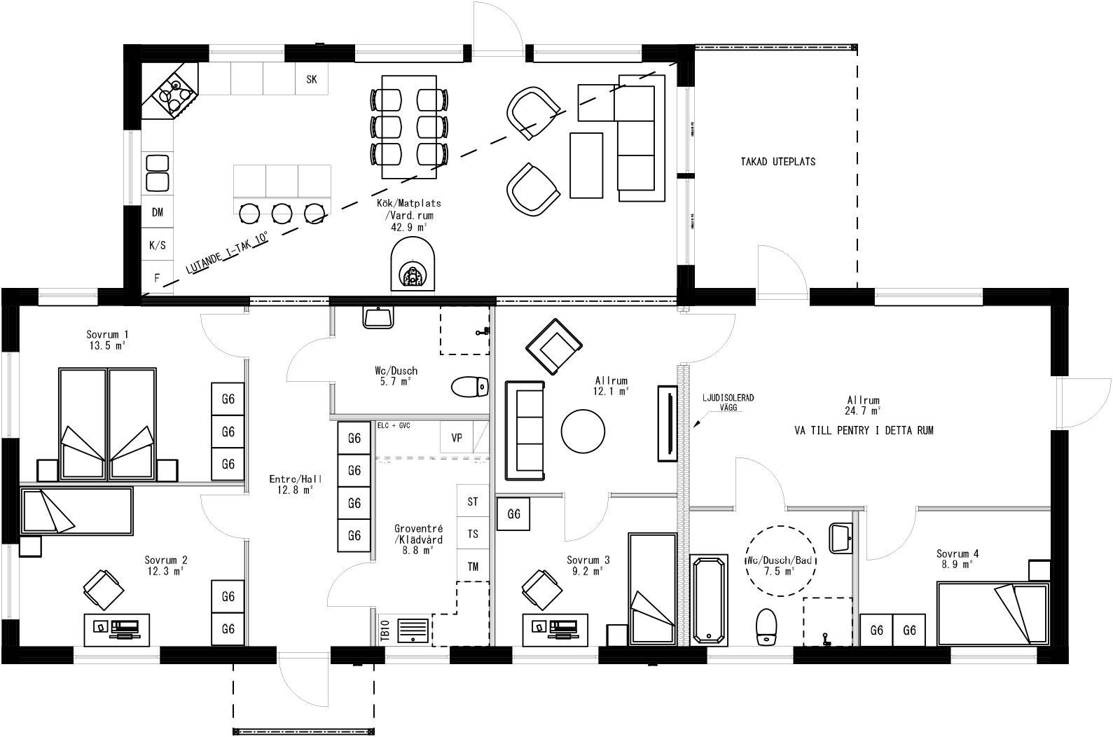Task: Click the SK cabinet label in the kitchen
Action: pos(312,80)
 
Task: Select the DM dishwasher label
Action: pos(158,212)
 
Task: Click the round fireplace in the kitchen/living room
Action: pos(413,266)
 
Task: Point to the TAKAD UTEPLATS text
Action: pos(778,162)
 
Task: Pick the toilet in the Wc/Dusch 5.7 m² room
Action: pos(469,387)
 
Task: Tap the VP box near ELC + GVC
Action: pos(457,439)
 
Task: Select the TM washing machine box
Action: pos(473,567)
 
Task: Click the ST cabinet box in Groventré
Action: pos(473,502)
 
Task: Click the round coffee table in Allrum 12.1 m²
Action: pos(583,431)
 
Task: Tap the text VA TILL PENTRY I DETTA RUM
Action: pos(864,432)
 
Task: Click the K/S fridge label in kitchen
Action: pos(158,245)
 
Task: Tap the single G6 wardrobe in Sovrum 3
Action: pos(514,515)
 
